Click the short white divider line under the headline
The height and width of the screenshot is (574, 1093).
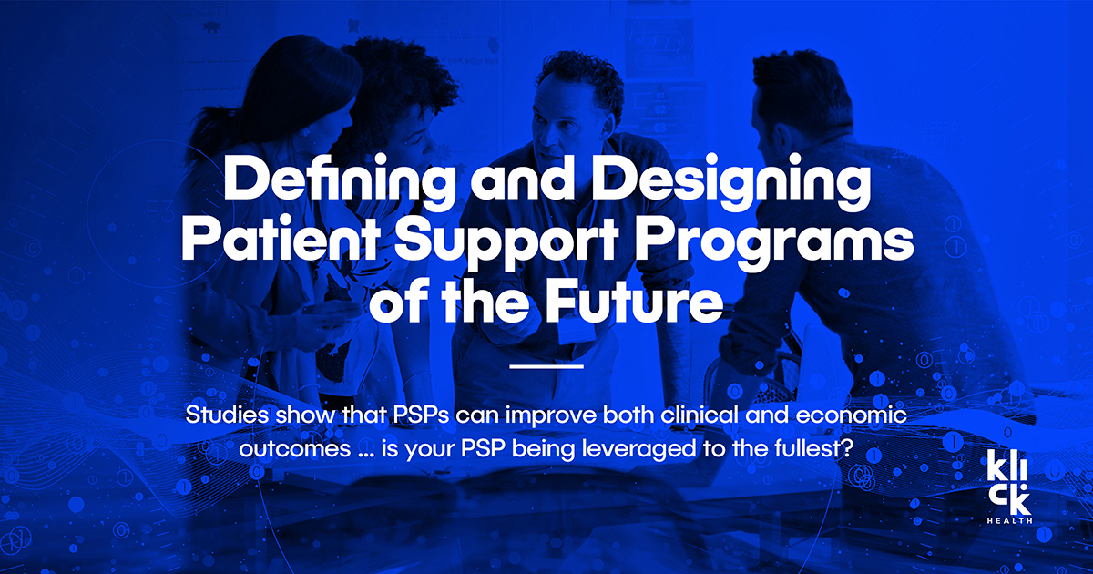[x=546, y=366]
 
